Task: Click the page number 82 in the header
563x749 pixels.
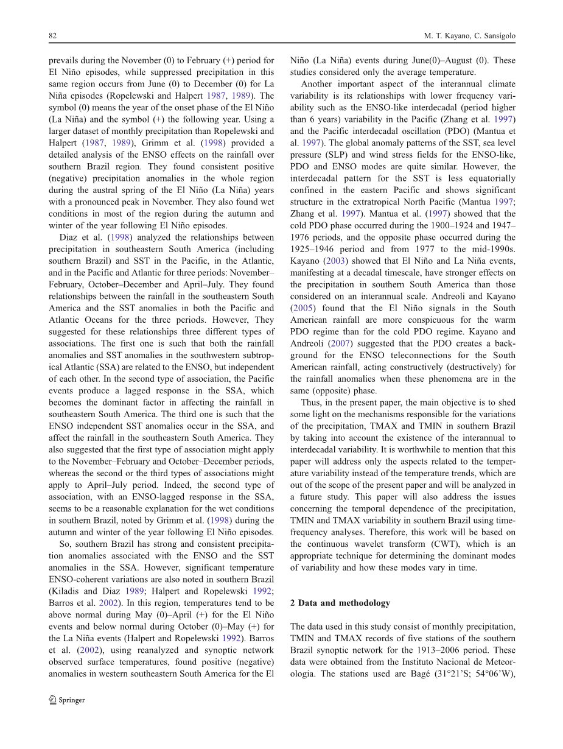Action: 52,36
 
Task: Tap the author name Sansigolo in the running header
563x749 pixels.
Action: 499,36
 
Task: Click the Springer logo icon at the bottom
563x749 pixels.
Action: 52,700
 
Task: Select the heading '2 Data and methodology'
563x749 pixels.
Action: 340,603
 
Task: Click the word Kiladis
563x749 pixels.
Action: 64,591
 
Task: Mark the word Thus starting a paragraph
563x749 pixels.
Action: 311,402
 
